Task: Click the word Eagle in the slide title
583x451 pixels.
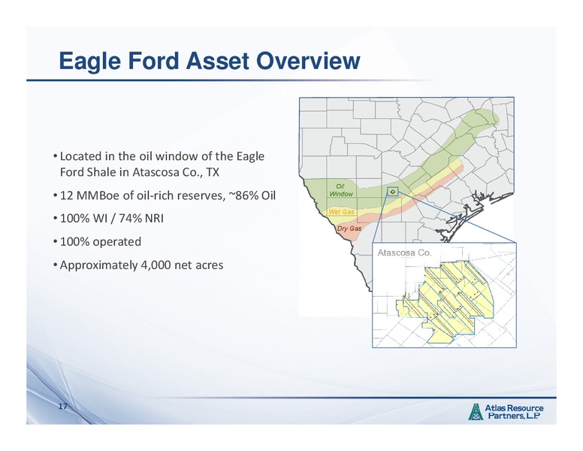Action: pos(89,61)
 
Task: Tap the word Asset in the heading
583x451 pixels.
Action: pos(218,61)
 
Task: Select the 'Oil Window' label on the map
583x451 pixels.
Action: pos(341,189)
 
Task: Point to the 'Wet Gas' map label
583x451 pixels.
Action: pos(341,212)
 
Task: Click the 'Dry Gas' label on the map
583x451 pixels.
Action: pos(349,228)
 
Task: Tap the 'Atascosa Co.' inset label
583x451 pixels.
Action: pos(404,253)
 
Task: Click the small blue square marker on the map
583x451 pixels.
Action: pos(393,191)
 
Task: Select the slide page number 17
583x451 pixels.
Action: pos(62,406)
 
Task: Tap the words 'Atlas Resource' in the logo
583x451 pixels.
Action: pos(514,408)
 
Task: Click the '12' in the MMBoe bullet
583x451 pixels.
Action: pos(66,195)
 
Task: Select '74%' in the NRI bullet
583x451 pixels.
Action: pos(131,218)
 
